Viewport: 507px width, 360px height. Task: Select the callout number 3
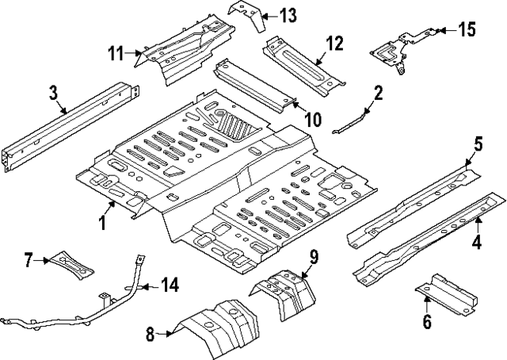(52, 94)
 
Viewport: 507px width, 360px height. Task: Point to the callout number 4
(477, 242)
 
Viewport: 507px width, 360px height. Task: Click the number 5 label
(478, 144)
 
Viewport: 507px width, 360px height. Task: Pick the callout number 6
(427, 321)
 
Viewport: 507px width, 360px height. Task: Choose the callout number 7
(28, 259)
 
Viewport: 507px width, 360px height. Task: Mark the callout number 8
(151, 335)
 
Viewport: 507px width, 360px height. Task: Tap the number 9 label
(313, 256)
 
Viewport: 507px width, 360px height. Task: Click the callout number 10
(312, 120)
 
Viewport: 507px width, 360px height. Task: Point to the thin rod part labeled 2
(352, 121)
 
